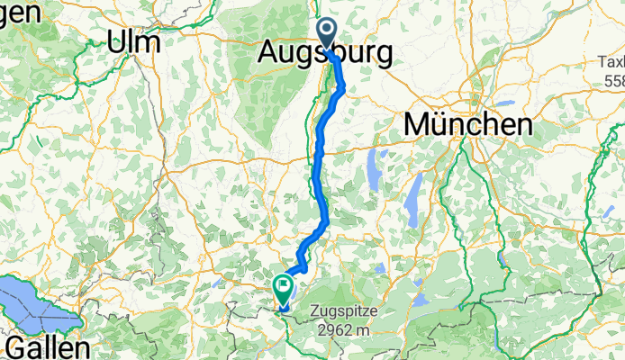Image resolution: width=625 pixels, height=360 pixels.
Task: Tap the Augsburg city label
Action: click(325, 54)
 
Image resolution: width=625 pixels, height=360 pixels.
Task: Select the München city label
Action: click(468, 124)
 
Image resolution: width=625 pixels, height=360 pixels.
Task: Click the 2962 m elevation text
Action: click(345, 329)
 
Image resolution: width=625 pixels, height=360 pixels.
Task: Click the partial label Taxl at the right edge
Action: click(611, 62)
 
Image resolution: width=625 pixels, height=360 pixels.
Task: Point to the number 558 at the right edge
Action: click(612, 81)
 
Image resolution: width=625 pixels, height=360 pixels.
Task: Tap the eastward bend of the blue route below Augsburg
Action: click(341, 88)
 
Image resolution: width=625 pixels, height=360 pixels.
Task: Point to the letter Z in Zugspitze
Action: click(314, 311)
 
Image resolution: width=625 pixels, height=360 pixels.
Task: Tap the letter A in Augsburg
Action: click(267, 54)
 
